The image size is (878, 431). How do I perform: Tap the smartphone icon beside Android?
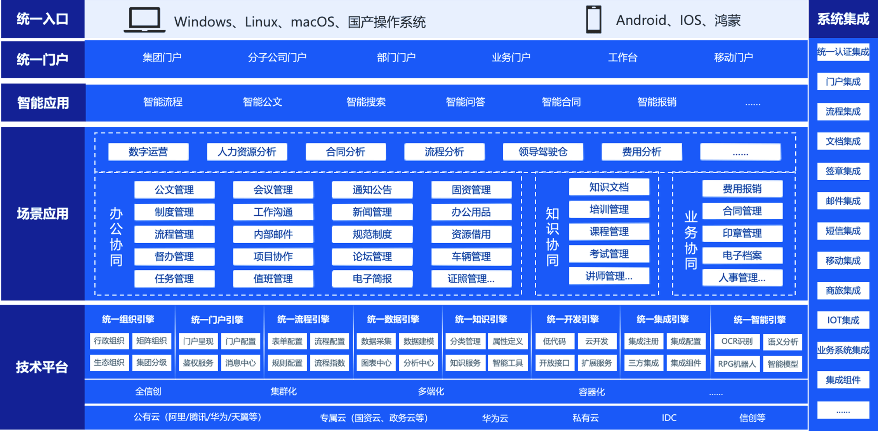click(593, 19)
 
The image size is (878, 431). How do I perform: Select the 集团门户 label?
click(162, 58)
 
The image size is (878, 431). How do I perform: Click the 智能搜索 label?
click(366, 102)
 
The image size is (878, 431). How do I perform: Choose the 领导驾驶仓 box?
click(543, 152)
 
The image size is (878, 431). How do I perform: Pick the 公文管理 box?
click(174, 190)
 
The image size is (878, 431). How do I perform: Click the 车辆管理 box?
click(471, 257)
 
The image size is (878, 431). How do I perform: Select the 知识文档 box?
click(609, 187)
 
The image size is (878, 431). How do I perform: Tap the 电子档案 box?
click(742, 255)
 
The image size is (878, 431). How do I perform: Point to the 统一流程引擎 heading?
click(303, 319)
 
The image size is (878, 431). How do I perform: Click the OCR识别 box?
click(737, 341)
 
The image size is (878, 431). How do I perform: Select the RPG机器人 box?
click(737, 364)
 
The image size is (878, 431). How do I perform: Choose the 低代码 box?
click(554, 341)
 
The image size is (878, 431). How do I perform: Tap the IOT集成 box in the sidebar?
click(843, 320)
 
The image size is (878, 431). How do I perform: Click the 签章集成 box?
click(843, 171)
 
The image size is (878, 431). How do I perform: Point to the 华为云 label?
click(495, 418)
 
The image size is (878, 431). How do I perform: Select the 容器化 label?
click(591, 392)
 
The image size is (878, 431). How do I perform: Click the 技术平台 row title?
click(42, 367)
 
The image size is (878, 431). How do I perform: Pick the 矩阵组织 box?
click(151, 341)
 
